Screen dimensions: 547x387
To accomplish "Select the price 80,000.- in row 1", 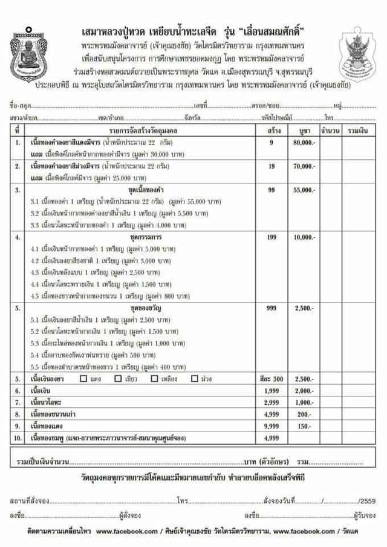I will [x=305, y=143].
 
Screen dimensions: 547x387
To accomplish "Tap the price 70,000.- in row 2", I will [x=305, y=165].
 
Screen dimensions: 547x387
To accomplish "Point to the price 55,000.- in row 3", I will [x=305, y=189].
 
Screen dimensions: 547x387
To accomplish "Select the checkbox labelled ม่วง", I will [x=194, y=379].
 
